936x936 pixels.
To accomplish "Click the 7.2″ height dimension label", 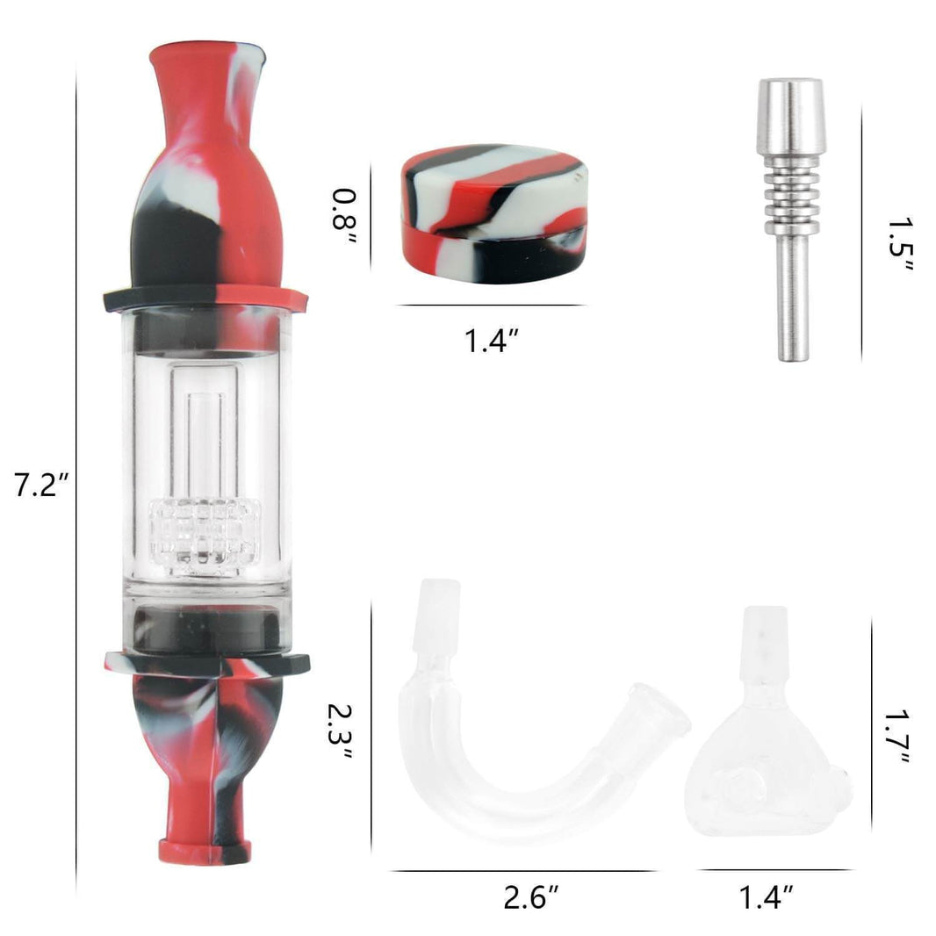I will (40, 486).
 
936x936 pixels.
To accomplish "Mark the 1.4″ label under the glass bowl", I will (766, 897).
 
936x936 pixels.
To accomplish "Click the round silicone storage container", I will (494, 212).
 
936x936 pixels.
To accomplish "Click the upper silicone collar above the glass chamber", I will (205, 298).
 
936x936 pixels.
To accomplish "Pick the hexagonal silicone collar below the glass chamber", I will (205, 662).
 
